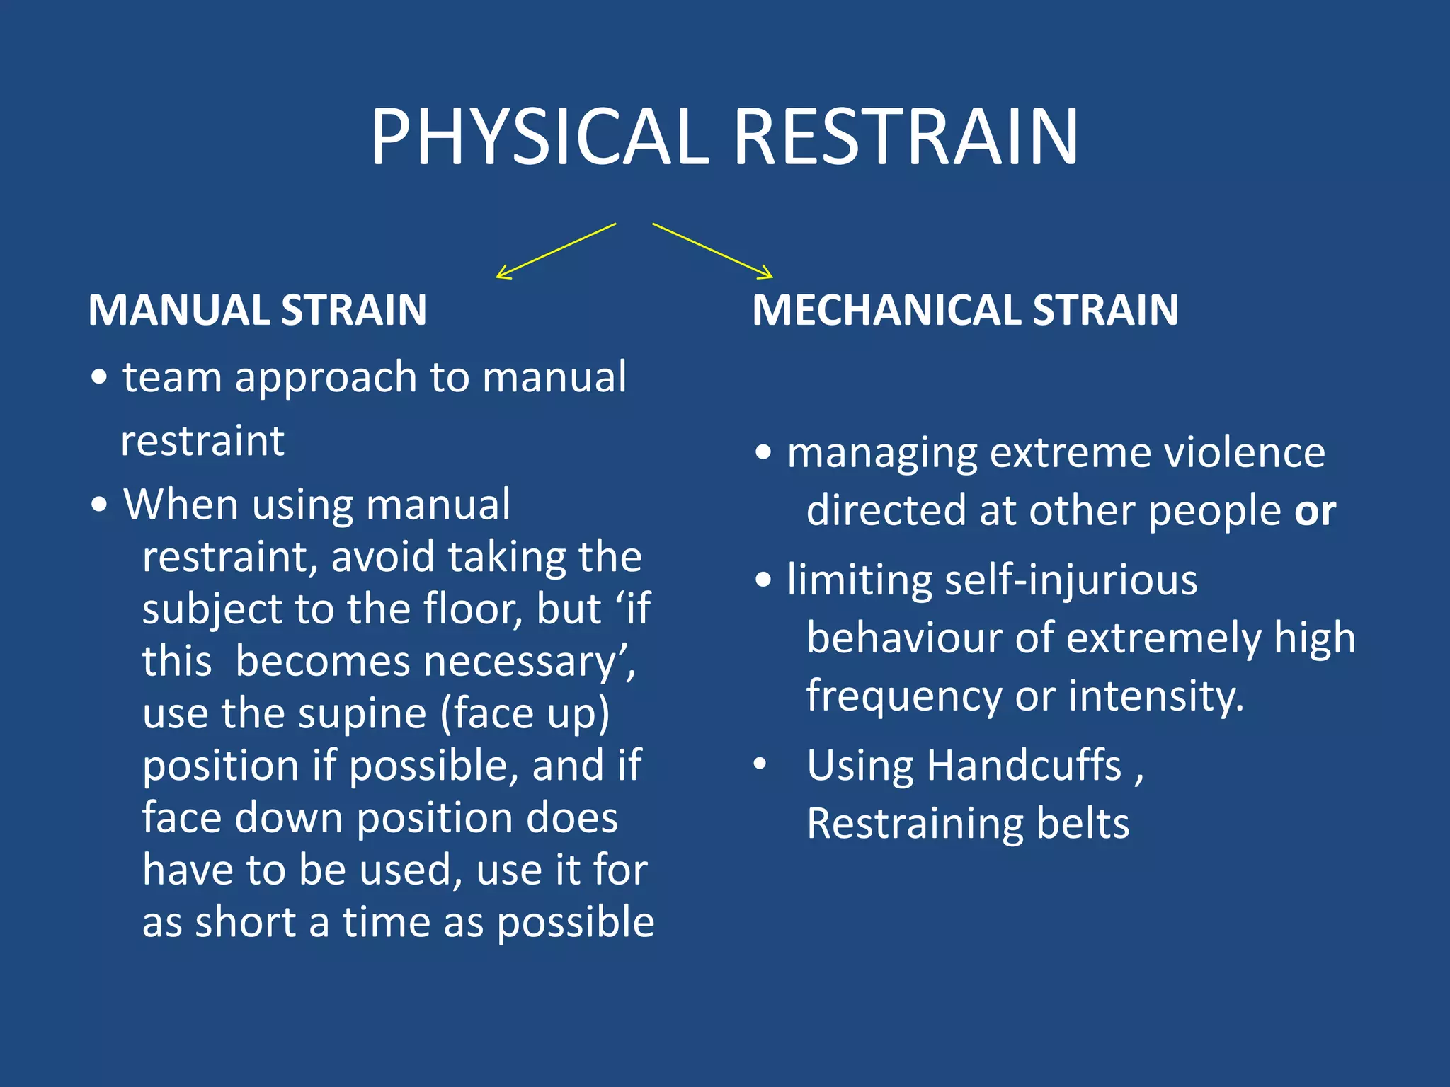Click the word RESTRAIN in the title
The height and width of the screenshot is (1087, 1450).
[906, 137]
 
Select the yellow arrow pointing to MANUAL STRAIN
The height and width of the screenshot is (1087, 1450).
[556, 251]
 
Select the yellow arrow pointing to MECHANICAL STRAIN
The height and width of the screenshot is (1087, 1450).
[712, 251]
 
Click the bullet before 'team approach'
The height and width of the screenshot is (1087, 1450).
[99, 378]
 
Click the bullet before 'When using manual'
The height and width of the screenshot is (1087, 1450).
[99, 505]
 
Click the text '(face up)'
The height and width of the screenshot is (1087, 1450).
[525, 713]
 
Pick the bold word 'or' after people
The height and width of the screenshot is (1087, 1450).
[1315, 511]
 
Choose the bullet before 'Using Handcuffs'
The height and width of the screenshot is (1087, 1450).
[760, 764]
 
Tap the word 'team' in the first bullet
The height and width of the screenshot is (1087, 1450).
[173, 376]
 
